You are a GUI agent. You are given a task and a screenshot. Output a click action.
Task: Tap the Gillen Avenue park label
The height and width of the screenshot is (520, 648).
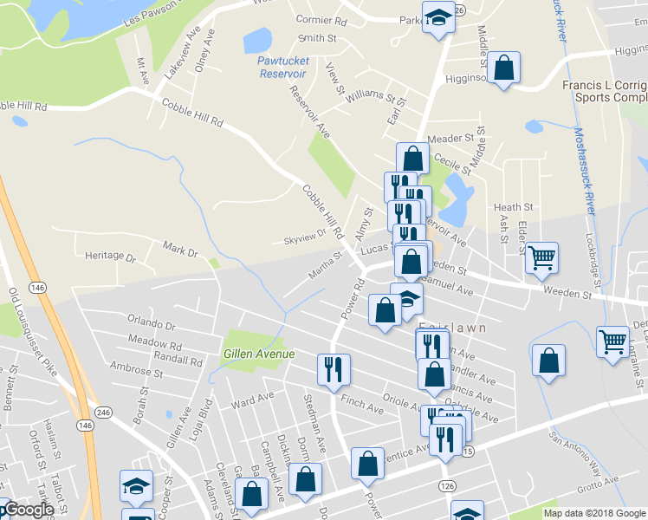coord(259,354)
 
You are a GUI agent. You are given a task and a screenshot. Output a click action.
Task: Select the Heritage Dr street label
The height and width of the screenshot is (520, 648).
coord(111,257)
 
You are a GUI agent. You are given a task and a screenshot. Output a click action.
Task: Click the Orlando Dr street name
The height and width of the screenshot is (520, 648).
coord(151,326)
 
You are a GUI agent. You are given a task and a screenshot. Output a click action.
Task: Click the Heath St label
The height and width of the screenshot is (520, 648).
coord(513,207)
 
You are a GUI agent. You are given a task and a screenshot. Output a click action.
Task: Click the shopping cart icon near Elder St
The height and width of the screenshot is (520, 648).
coord(541,256)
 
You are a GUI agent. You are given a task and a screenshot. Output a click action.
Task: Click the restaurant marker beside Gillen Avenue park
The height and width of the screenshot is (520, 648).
coord(333,367)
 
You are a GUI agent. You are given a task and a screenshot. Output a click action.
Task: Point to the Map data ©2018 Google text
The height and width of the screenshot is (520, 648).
coord(594,513)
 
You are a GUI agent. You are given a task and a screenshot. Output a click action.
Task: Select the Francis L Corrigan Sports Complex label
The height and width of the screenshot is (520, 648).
coord(605,91)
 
